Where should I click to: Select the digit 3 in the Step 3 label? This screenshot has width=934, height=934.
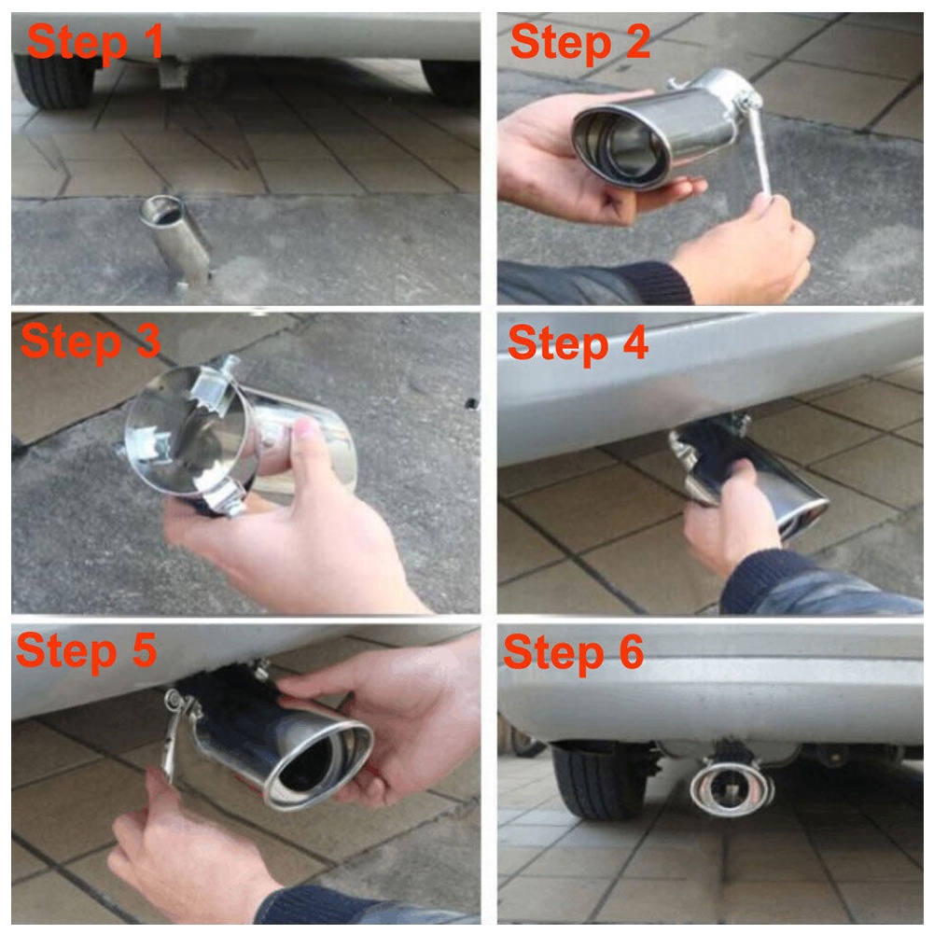147,341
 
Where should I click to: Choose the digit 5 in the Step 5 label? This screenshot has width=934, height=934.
144,649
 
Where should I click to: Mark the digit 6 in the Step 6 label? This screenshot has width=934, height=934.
631,651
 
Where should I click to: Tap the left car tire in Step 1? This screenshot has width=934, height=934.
52,80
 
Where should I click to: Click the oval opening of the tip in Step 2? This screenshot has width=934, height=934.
620,144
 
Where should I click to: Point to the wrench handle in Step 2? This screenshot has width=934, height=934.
758,150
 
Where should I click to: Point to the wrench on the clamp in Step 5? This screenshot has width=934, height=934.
173,733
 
